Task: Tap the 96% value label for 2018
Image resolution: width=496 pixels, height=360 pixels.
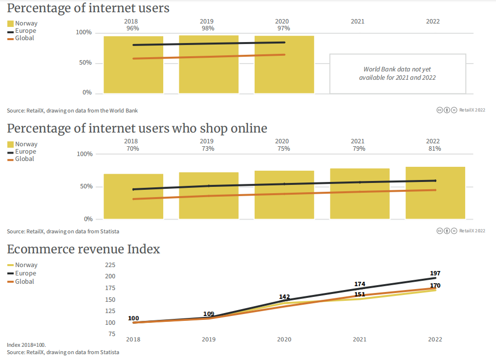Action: pyautogui.click(x=133, y=28)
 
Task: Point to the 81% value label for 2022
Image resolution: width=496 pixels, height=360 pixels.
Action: pyautogui.click(x=435, y=149)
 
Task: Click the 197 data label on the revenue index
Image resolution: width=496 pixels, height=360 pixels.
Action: pyautogui.click(x=435, y=273)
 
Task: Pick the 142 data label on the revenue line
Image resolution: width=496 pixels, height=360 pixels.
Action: pyautogui.click(x=284, y=297)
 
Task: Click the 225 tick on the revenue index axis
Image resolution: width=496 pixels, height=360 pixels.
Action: pyautogui.click(x=110, y=265)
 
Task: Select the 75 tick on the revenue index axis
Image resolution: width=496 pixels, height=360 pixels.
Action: pyautogui.click(x=112, y=334)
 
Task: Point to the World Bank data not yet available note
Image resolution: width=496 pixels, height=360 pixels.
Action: pyautogui.click(x=397, y=73)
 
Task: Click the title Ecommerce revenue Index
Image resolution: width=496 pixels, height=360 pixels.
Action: pyautogui.click(x=84, y=249)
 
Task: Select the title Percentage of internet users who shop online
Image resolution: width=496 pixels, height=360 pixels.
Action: pyautogui.click(x=137, y=129)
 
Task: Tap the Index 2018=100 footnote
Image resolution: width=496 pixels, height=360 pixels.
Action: pyautogui.click(x=26, y=345)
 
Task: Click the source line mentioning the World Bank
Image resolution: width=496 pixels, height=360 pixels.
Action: pyautogui.click(x=72, y=111)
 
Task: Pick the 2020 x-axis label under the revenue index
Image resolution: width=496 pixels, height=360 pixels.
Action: pyautogui.click(x=284, y=339)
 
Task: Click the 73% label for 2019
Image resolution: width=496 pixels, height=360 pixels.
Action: pyautogui.click(x=208, y=149)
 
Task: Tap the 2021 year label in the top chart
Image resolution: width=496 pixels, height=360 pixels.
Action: pyautogui.click(x=358, y=22)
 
